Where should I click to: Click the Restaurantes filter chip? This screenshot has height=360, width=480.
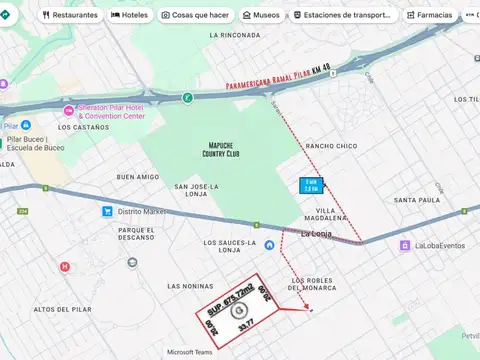pos(70,15)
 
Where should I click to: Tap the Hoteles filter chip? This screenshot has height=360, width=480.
pos(131,15)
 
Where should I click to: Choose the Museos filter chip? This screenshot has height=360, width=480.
pos(261,15)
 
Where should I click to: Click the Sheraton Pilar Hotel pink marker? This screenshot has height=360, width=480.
pos(68,110)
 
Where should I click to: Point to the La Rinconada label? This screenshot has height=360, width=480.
pos(235,35)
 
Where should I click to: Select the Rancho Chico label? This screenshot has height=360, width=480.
pos(331,146)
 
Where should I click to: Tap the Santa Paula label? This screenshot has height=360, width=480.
pos(417,200)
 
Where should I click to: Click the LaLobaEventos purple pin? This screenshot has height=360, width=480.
pos(405,245)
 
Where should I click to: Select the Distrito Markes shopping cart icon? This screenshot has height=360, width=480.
pos(106,211)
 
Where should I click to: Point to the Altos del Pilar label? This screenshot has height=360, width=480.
pos(63,309)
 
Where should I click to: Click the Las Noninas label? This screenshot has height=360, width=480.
pos(190,286)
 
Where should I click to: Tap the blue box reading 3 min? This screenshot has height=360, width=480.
pos(312,185)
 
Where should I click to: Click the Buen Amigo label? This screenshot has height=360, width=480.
pos(137,177)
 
